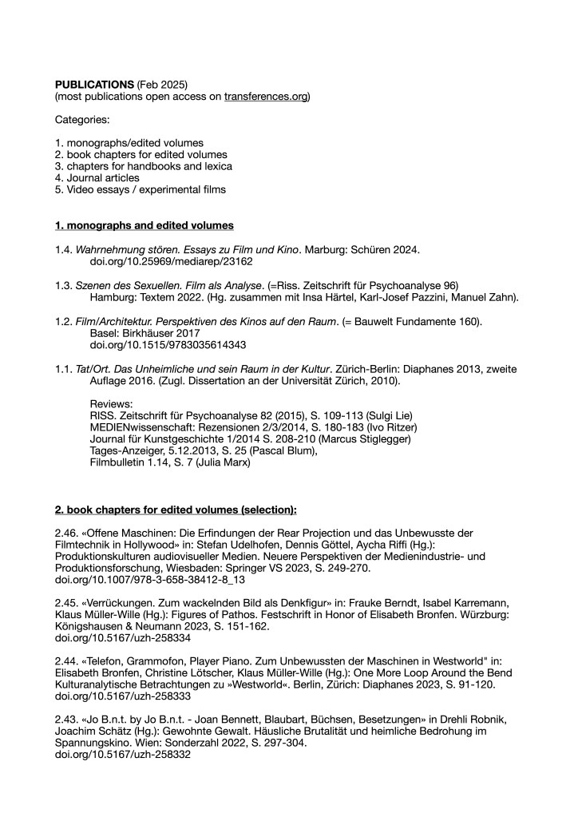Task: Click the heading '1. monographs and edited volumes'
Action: tap(144, 226)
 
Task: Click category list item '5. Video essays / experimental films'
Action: tap(140, 189)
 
